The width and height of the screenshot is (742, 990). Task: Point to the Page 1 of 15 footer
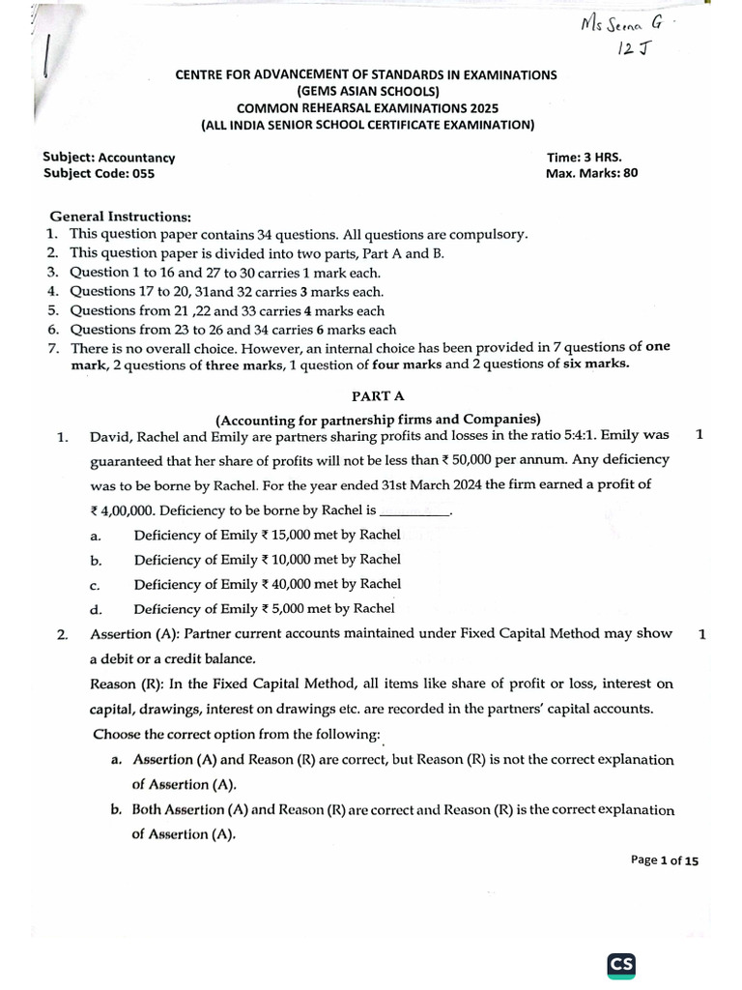coord(664,859)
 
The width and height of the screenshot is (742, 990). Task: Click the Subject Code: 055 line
coord(99,174)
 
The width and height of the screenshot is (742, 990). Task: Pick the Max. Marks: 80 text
coord(592,174)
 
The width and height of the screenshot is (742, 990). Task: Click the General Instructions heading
coord(121,217)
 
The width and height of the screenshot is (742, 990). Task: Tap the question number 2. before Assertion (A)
coord(62,635)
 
